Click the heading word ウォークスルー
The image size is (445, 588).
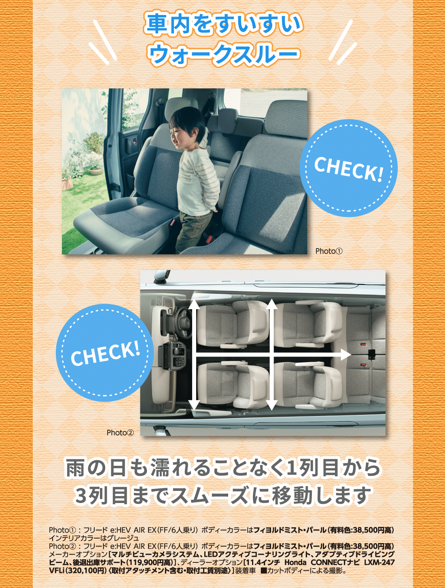[223, 54]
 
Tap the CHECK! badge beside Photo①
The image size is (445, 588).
[349, 168]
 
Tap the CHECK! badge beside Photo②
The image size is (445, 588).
[105, 353]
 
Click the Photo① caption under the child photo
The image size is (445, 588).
[328, 251]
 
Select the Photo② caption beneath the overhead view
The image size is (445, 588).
[120, 433]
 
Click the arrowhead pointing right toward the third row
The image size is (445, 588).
[345, 354]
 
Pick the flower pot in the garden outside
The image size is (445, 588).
[95, 171]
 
